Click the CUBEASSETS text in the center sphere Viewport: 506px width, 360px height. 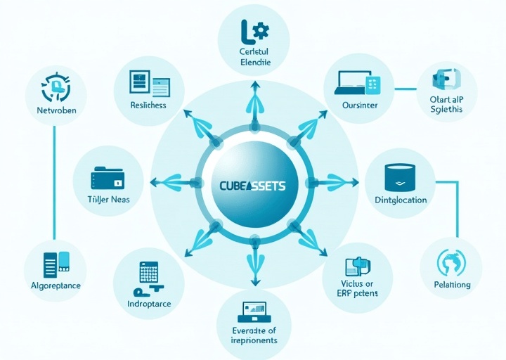pyautogui.click(x=253, y=184)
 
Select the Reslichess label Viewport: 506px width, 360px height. pyautogui.click(x=148, y=105)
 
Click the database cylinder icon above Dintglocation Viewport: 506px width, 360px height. pyautogui.click(x=400, y=176)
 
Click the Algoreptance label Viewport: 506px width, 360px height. pyautogui.click(x=56, y=285)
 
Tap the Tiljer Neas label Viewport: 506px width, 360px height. pyautogui.click(x=108, y=200)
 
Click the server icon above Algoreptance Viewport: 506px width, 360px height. pyautogui.click(x=56, y=263)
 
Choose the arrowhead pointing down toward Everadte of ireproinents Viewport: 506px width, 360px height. pyautogui.click(x=253, y=278)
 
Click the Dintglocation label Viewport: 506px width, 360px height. pyautogui.click(x=400, y=200)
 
